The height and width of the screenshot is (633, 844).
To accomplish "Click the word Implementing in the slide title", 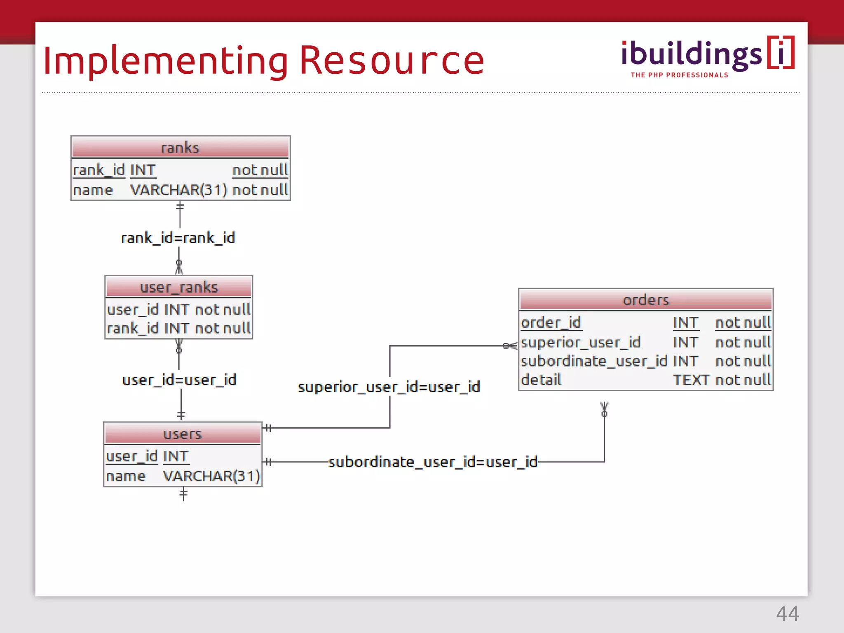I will [165, 61].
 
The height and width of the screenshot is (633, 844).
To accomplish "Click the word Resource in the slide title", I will [392, 61].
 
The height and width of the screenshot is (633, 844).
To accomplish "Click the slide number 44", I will [787, 614].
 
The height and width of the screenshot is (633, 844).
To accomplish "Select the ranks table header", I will [180, 148].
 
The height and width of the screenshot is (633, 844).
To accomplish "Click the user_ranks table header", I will [179, 287].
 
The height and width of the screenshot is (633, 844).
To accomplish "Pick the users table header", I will [183, 434].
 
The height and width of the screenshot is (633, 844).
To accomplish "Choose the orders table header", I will [646, 300].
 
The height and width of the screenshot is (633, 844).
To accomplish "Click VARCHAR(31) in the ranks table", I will [178, 190].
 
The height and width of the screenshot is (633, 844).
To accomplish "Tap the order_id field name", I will [551, 322].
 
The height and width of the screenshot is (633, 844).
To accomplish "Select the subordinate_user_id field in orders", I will [593, 361].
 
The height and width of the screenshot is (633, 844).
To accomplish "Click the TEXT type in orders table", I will [691, 380].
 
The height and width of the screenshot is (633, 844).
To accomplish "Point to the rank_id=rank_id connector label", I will [178, 238].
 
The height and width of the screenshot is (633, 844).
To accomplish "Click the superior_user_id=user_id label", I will [389, 387].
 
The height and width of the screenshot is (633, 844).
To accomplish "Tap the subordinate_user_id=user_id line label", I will [433, 462].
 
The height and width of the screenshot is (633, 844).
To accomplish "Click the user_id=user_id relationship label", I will [179, 380].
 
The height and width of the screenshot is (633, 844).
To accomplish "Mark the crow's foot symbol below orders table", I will [604, 409].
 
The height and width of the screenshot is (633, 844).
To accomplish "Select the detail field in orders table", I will [541, 380].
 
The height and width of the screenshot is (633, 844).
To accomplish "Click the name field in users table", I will [126, 476].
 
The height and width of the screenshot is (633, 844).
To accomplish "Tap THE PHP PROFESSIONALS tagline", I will [679, 75].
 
